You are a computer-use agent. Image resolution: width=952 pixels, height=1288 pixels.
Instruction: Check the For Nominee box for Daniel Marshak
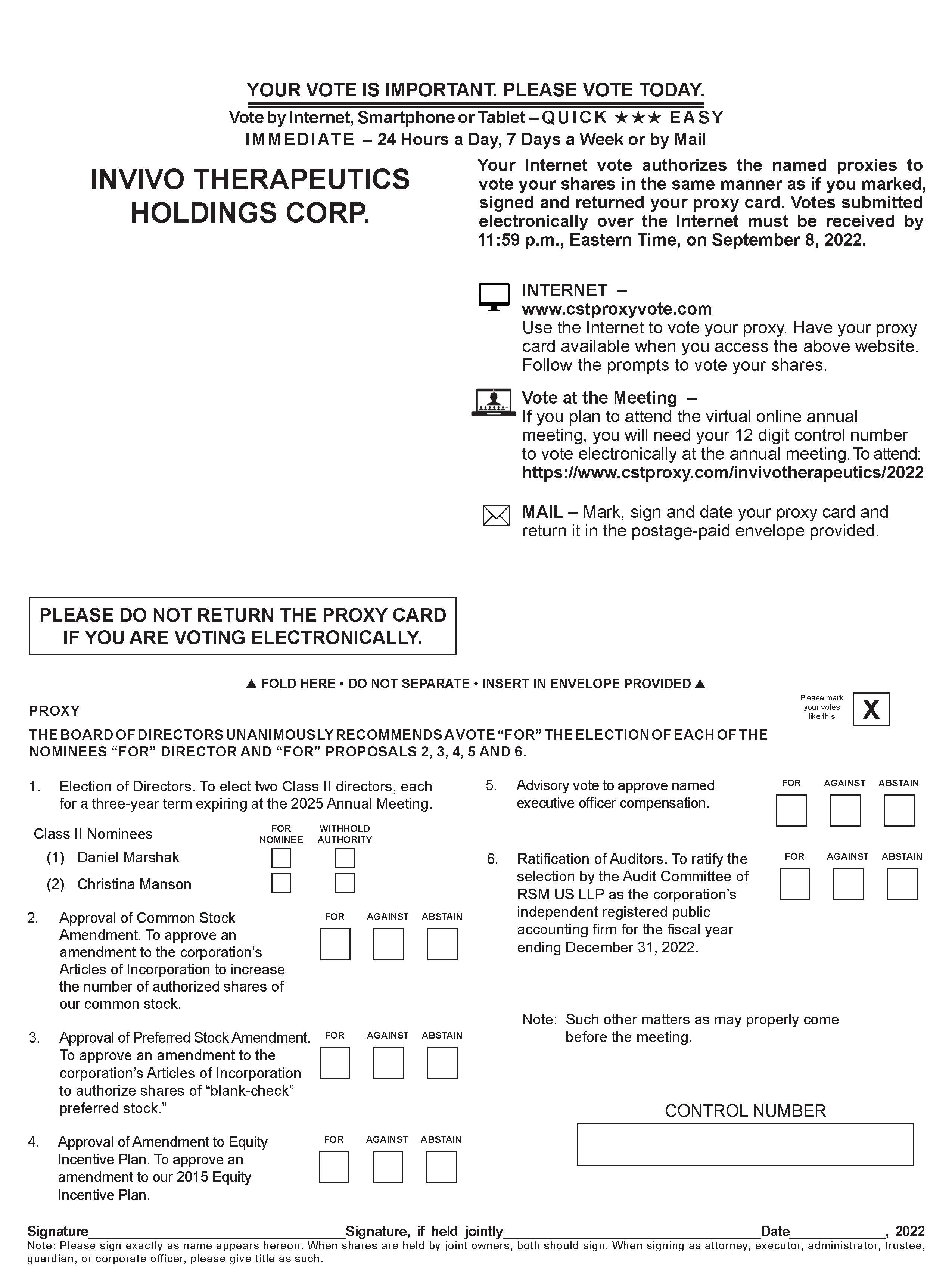click(x=281, y=858)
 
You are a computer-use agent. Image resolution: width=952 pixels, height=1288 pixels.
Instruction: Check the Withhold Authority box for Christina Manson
click(x=345, y=883)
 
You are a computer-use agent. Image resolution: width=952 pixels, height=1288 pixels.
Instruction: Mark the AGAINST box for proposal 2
click(x=388, y=944)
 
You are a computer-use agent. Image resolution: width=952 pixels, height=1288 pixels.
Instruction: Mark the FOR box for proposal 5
click(x=791, y=810)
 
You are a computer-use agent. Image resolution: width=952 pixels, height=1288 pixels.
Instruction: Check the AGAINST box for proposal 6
click(x=848, y=884)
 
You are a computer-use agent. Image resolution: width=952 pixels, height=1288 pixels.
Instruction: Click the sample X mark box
click(x=870, y=709)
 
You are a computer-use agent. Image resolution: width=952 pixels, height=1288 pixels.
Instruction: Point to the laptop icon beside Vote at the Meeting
click(x=493, y=402)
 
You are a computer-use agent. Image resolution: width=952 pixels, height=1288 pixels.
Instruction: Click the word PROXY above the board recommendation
click(x=54, y=710)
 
